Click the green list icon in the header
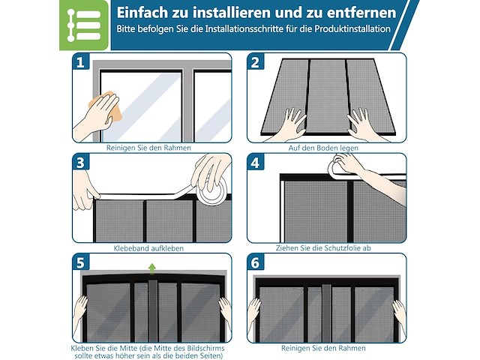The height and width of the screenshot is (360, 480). pos(84,25)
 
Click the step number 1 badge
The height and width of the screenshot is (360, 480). pos(80,62)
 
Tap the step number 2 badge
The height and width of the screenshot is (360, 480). pos(255,62)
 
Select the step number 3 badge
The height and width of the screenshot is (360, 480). pos(80,163)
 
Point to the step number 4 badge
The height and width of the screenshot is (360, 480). pos(255,163)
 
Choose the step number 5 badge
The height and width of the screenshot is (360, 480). pos(80,262)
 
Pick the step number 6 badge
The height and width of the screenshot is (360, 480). pos(255,262)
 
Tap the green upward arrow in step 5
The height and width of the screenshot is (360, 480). pos(151,268)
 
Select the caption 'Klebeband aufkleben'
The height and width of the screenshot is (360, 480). pos(148,248)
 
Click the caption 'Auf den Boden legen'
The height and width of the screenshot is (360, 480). pos(323,148)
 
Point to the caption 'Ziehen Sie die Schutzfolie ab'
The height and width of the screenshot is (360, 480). pos(323,248)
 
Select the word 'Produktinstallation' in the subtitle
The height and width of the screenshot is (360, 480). pos(352,29)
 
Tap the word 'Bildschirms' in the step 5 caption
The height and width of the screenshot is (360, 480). pos(205,348)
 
